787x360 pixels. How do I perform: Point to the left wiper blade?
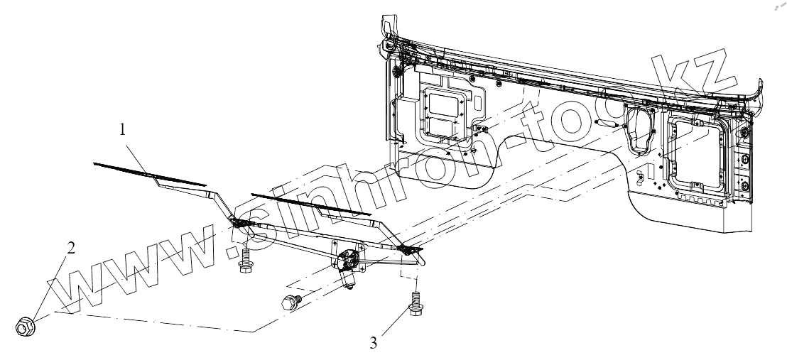149,173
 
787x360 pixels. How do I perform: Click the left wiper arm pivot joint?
244,227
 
